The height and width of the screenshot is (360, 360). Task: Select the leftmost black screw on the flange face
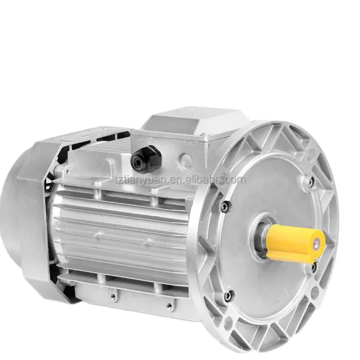pyautogui.click(x=226, y=207)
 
